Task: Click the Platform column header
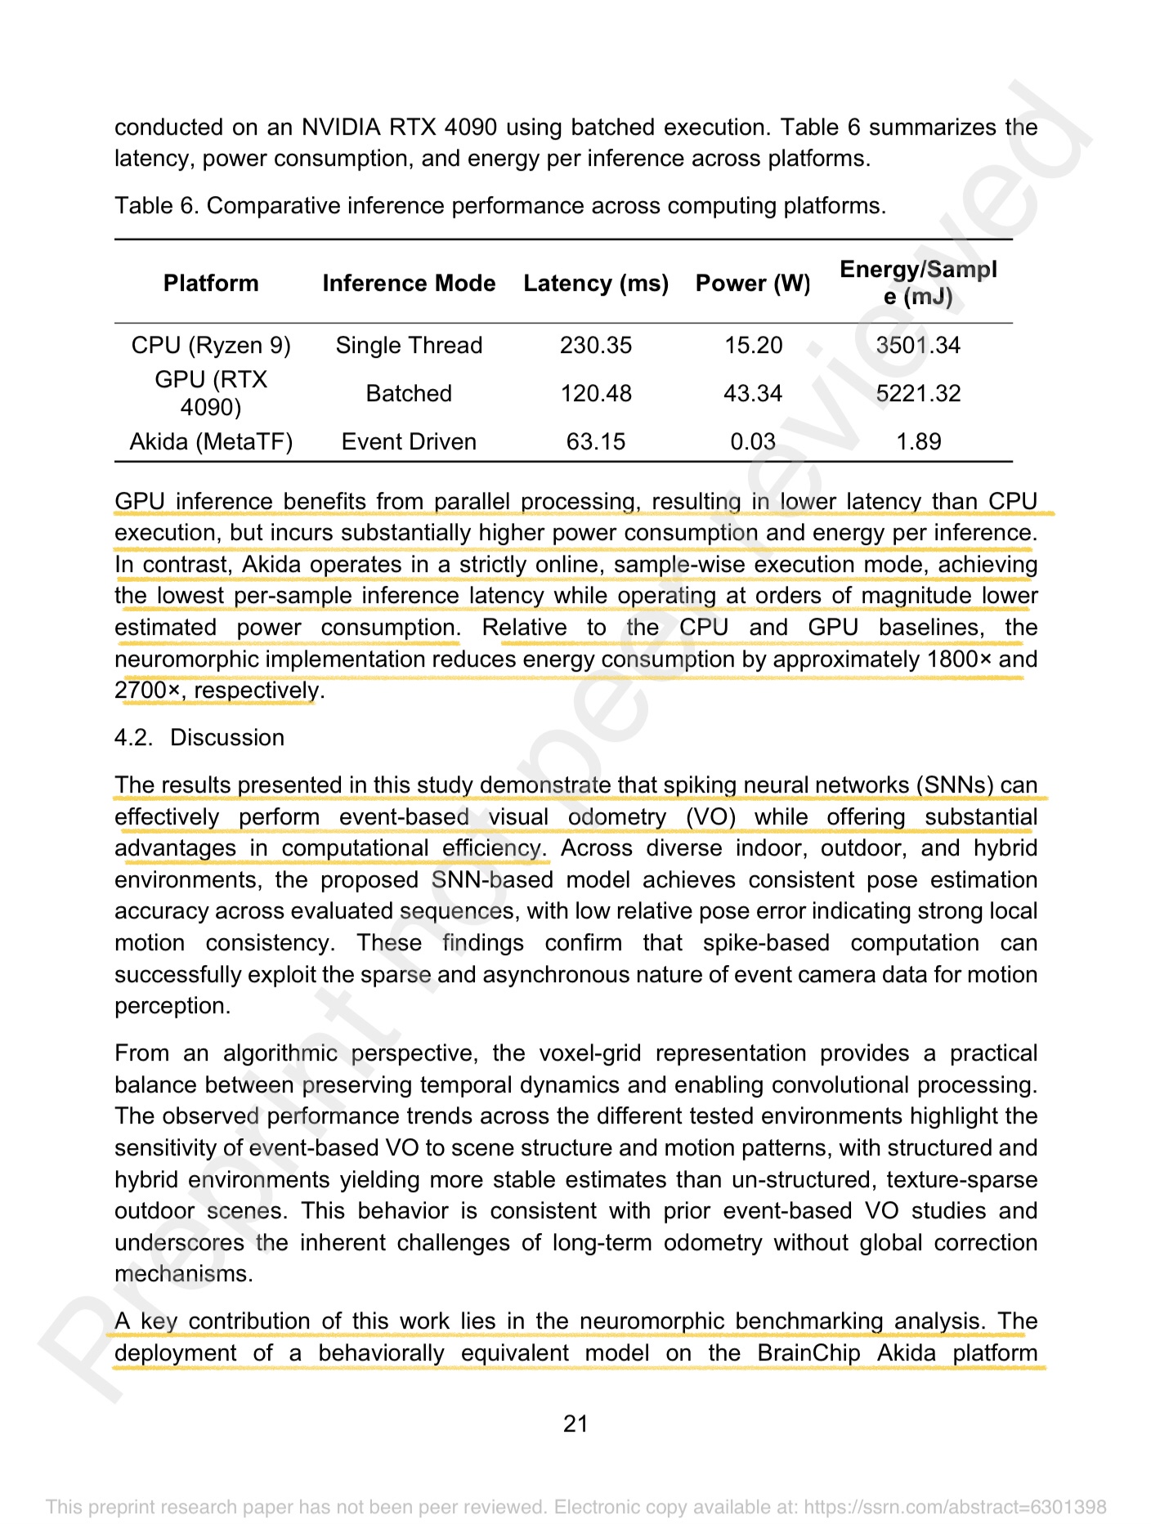coord(211,284)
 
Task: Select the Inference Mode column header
coord(409,284)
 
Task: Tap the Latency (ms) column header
coord(596,284)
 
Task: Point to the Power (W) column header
coord(753,284)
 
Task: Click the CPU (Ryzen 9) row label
coord(211,346)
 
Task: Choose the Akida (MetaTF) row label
coord(211,442)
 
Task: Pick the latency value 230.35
coord(596,346)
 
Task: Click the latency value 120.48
coord(596,394)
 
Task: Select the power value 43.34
coord(753,394)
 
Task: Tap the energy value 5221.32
coord(918,394)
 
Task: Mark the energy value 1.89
coord(918,442)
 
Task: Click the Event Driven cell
coord(409,442)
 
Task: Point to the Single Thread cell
coord(409,346)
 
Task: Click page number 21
coord(575,1424)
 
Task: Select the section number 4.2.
coord(133,738)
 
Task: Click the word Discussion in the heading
coord(227,738)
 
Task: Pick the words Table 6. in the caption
coord(157,206)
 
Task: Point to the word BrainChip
coord(808,1353)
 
